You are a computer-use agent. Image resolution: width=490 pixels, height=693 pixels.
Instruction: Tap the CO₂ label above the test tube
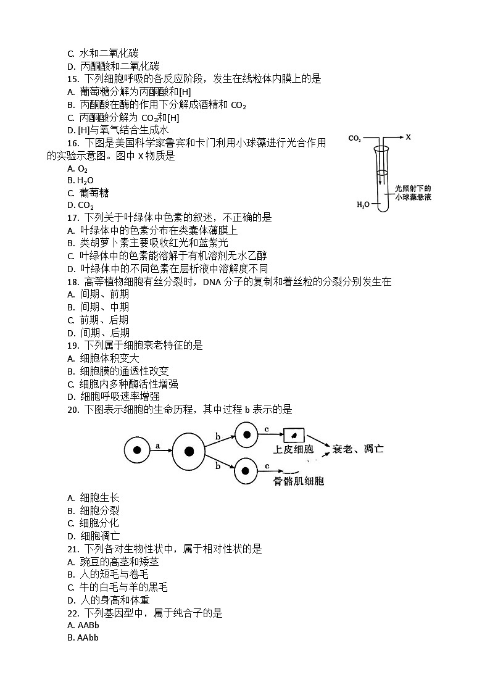(x=355, y=139)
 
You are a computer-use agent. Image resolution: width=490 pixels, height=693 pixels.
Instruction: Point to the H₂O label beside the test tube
(x=363, y=204)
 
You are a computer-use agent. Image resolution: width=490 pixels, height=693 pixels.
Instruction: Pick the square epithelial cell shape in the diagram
(x=294, y=434)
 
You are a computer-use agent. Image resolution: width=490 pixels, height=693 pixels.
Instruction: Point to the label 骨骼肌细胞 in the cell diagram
(x=299, y=481)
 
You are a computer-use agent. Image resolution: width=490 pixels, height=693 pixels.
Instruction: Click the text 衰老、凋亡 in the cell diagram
(x=358, y=449)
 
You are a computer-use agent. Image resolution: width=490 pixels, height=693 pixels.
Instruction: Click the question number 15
(x=73, y=79)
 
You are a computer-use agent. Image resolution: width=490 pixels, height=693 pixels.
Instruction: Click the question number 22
(x=73, y=613)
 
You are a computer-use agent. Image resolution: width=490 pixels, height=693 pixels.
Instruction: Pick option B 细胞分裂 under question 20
(x=93, y=510)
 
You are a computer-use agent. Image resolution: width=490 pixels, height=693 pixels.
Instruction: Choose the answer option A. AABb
(x=83, y=625)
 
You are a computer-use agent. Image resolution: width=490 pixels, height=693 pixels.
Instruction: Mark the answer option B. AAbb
(x=83, y=637)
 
